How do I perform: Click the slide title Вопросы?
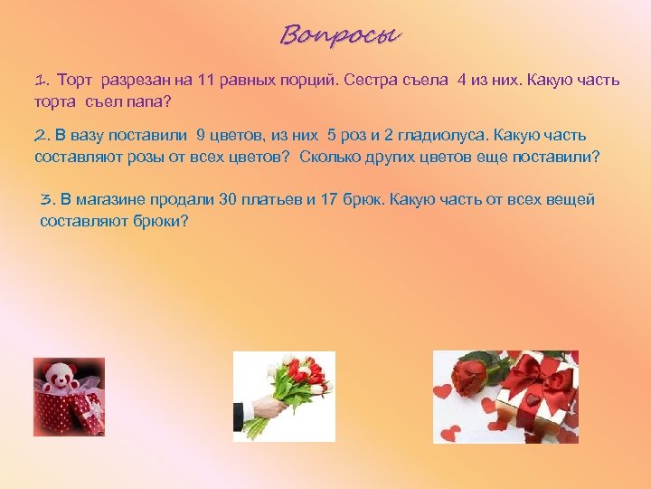click(x=340, y=35)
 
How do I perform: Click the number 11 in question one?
click(x=223, y=80)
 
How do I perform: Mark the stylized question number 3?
click(x=47, y=199)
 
